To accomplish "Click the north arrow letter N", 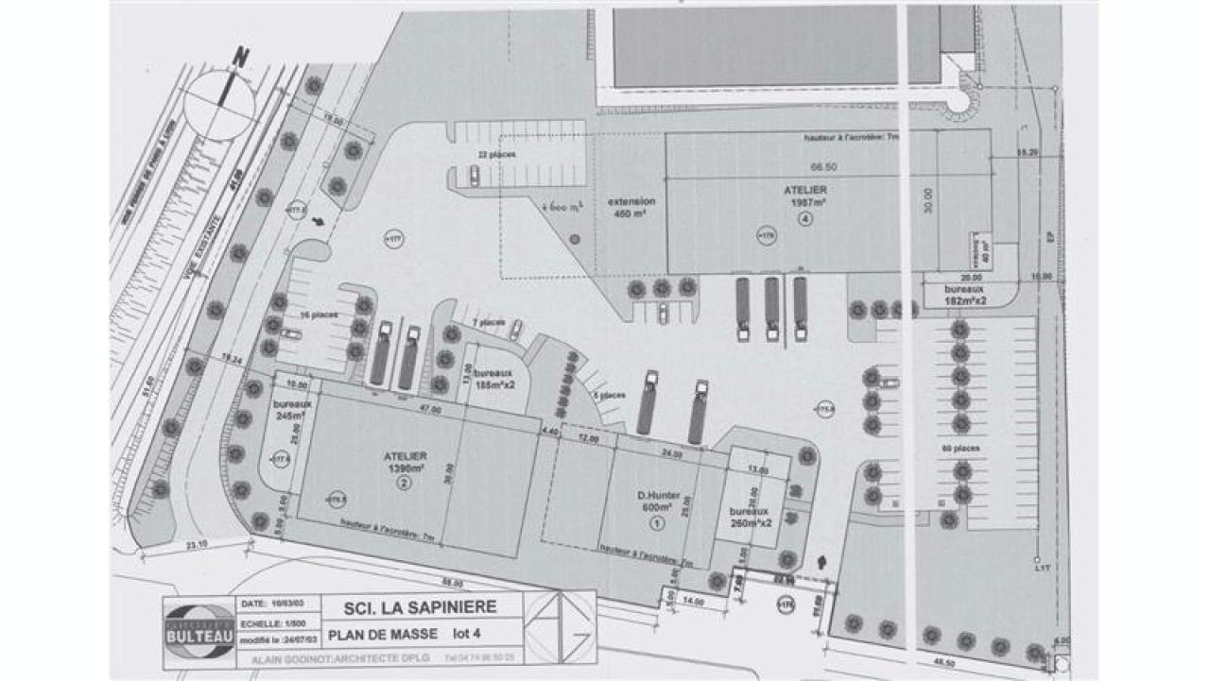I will [242, 59].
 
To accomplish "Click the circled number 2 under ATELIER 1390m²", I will [405, 483].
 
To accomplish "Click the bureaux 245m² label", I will [289, 409].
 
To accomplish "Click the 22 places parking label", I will [491, 153].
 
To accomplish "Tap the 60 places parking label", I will [960, 448].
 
